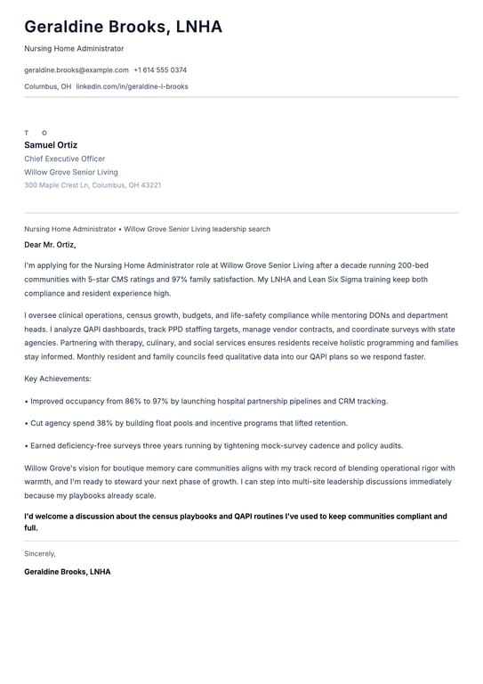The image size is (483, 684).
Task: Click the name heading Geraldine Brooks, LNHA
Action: pyautogui.click(x=123, y=27)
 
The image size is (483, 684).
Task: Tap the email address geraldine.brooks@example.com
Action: pyautogui.click(x=76, y=69)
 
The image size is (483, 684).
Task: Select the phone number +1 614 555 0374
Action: pyautogui.click(x=160, y=69)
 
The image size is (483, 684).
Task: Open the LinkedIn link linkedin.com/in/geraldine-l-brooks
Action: pyautogui.click(x=132, y=86)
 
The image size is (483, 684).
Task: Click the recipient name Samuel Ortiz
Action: pyautogui.click(x=51, y=145)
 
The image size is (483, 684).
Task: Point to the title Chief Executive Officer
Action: pyautogui.click(x=64, y=159)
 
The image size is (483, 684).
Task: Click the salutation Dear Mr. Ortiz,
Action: pyautogui.click(x=50, y=244)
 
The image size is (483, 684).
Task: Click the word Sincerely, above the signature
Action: pyautogui.click(x=40, y=553)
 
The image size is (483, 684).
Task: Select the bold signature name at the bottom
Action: pyautogui.click(x=68, y=571)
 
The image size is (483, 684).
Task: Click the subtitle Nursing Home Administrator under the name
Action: pyautogui.click(x=74, y=48)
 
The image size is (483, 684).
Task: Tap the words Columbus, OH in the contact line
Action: pyautogui.click(x=47, y=86)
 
